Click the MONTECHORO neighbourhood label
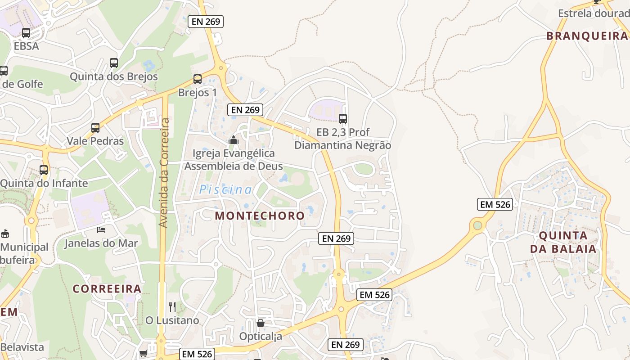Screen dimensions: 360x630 click(260, 216)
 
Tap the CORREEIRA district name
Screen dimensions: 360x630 click(107, 289)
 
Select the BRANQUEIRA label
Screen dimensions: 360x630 click(587, 36)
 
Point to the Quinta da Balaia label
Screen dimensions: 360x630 click(563, 242)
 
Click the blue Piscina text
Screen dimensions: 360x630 click(226, 189)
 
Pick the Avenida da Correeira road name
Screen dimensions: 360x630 click(164, 173)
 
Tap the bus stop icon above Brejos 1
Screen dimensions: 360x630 click(197, 79)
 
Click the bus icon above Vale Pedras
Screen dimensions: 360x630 click(95, 128)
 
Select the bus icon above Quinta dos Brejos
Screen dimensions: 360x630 click(113, 63)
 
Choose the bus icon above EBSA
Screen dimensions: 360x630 click(26, 33)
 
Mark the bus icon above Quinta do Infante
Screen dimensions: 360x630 click(44, 170)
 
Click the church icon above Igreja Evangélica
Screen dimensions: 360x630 click(233, 140)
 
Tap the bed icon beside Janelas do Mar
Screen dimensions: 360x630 click(101, 230)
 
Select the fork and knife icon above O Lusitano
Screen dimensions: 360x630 click(172, 307)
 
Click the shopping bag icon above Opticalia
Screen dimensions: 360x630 click(260, 323)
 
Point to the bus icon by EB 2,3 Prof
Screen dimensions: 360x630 click(343, 119)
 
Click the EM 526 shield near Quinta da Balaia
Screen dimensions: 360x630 click(495, 204)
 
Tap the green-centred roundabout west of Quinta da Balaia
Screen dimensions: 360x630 click(477, 225)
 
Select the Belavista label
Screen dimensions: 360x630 click(22, 347)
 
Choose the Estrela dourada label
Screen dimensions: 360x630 click(593, 13)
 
